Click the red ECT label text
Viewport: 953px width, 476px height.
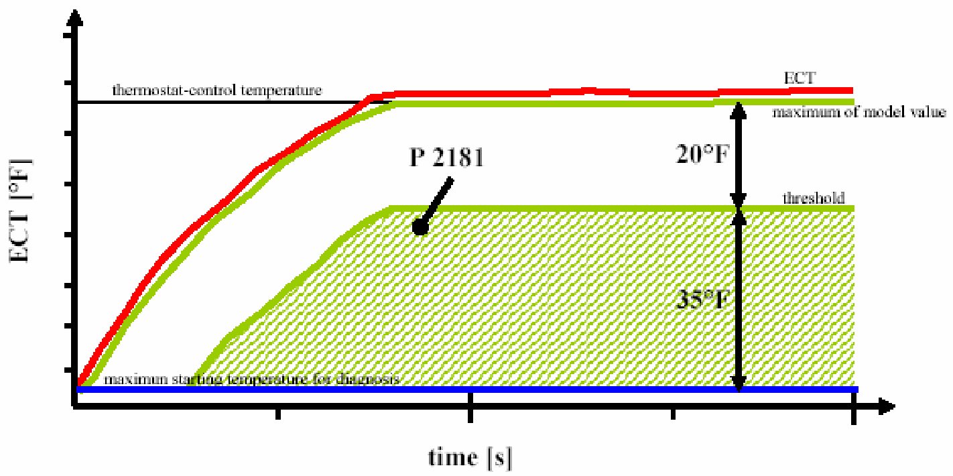[x=800, y=78]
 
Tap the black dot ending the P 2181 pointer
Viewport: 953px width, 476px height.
[x=420, y=228]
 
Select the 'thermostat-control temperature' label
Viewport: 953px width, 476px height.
[x=218, y=89]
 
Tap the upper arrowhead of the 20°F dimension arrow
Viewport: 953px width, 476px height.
[x=737, y=110]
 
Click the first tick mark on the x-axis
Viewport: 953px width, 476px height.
[x=277, y=414]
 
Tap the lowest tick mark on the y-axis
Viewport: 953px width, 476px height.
[x=69, y=369]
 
